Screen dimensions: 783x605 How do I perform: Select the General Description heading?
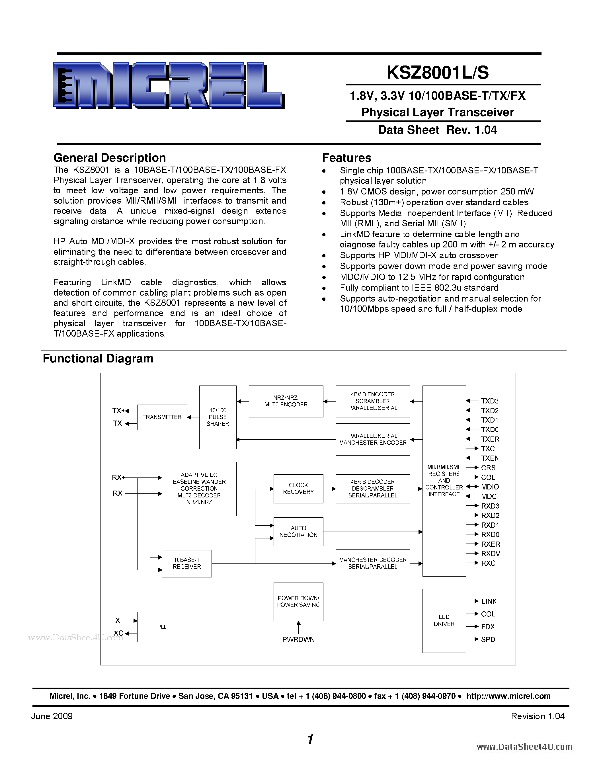pos(110,158)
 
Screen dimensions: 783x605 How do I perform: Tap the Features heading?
pos(346,158)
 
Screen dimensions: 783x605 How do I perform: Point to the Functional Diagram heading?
pos(98,358)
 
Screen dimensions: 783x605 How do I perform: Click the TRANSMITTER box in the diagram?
pos(162,417)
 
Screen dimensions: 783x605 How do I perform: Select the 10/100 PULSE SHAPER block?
pos(218,417)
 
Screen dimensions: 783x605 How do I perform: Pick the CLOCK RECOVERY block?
pos(298,488)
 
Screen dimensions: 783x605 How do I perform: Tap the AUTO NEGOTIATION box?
pos(298,531)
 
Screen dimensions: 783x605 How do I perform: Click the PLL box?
pos(162,627)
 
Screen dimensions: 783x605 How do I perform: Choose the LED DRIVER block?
pos(444,620)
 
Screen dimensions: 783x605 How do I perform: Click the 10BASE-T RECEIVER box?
pos(187,563)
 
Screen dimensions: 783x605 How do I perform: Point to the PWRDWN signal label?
pos(298,639)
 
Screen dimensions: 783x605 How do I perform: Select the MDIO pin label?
pos(490,487)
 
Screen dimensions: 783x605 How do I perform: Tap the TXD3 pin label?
pos(490,401)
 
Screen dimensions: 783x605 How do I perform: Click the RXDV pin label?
pos(490,554)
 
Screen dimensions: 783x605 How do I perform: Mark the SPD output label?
pos(488,639)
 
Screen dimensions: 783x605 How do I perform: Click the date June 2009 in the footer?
pos(52,716)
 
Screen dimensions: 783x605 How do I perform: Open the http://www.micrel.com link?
pos(508,696)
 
